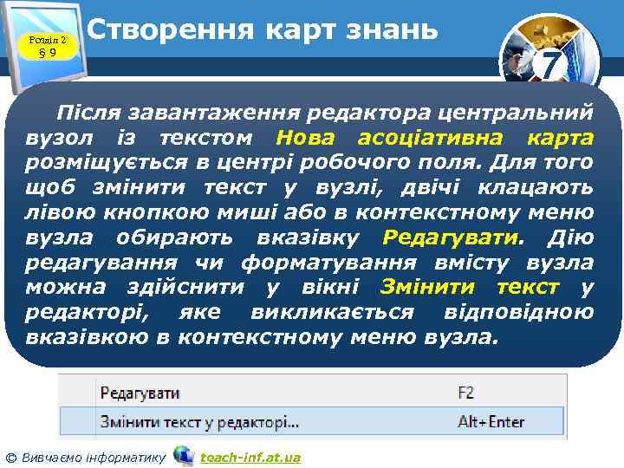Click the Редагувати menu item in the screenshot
click(x=140, y=393)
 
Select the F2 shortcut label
click(x=466, y=393)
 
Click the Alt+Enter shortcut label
click(x=491, y=422)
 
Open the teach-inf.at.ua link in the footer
click(x=250, y=457)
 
